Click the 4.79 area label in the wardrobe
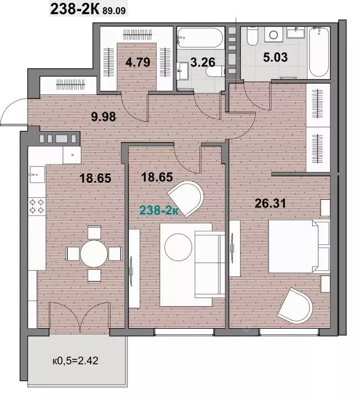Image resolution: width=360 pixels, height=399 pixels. pyautogui.click(x=138, y=62)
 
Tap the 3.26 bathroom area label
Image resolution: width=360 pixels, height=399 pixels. pyautogui.click(x=203, y=62)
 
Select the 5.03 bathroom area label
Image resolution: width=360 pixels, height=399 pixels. pyautogui.click(x=275, y=57)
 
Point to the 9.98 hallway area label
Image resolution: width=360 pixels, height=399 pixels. pyautogui.click(x=104, y=117)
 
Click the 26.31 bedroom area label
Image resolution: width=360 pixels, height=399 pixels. pyautogui.click(x=270, y=203)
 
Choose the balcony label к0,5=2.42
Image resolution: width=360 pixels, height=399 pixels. pyautogui.click(x=75, y=361)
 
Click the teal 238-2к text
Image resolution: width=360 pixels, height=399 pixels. pyautogui.click(x=159, y=210)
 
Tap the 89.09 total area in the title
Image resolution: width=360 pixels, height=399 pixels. pyautogui.click(x=114, y=11)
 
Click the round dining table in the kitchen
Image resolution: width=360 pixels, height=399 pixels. pyautogui.click(x=94, y=253)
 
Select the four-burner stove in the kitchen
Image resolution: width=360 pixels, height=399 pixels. pyautogui.click(x=37, y=207)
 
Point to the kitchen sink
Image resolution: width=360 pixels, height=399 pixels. pyautogui.click(x=37, y=174)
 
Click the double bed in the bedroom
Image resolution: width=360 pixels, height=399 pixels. pyautogui.click(x=299, y=247)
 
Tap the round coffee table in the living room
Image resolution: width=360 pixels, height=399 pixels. pyautogui.click(x=178, y=247)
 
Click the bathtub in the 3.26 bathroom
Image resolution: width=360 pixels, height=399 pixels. pyautogui.click(x=200, y=37)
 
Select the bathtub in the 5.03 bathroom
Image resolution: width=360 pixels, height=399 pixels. pyautogui.click(x=318, y=53)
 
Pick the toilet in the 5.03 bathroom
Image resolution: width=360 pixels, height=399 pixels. pyautogui.click(x=253, y=36)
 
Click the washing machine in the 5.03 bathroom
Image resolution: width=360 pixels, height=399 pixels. pyautogui.click(x=274, y=35)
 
